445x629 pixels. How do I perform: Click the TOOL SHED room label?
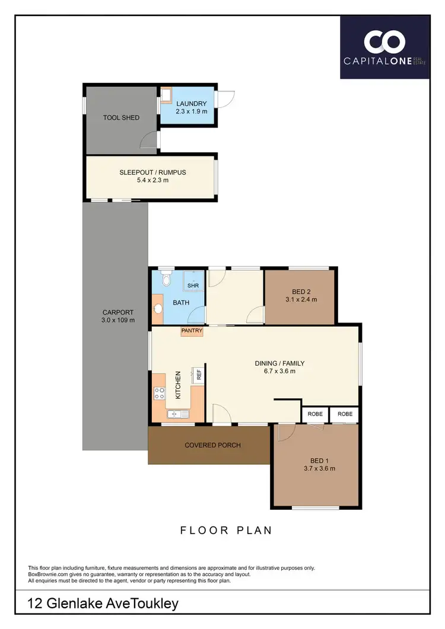coord(121,117)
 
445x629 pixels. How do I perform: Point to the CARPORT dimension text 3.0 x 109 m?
coord(117,320)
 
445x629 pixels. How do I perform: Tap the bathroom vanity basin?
coord(158,309)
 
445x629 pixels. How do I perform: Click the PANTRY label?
coord(192,331)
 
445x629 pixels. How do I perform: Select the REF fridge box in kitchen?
coord(199,374)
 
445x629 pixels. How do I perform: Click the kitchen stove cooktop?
coord(160,392)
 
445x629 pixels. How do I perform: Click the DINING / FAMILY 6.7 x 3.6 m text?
coord(275,367)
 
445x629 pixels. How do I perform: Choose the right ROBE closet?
coord(344,414)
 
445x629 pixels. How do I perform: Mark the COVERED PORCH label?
coord(212,445)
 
